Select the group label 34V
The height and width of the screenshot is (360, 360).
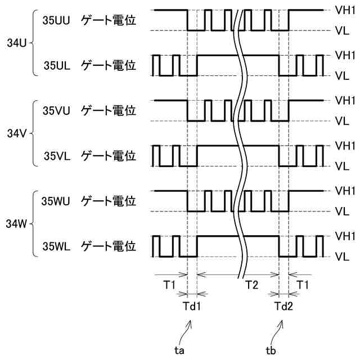click(16, 133)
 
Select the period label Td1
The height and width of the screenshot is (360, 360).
click(192, 307)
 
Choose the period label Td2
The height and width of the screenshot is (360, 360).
click(283, 307)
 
